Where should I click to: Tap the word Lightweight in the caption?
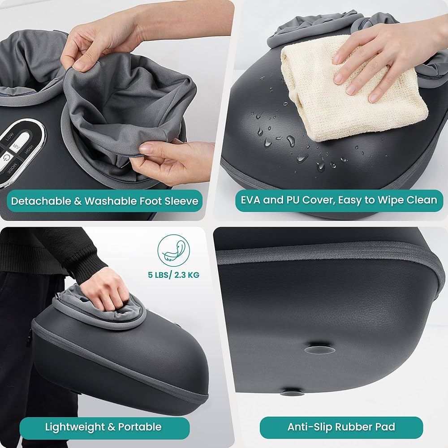[x=74, y=426]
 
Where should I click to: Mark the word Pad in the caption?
[x=386, y=426]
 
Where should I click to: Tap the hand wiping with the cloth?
[x=381, y=58]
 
